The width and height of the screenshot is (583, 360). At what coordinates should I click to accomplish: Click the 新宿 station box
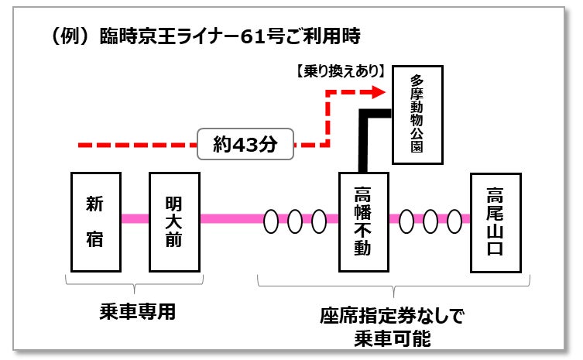95,222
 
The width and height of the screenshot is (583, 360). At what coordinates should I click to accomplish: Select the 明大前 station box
174,222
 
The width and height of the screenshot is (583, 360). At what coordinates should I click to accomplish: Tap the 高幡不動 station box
362,222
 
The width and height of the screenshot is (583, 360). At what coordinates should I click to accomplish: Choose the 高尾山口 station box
495,222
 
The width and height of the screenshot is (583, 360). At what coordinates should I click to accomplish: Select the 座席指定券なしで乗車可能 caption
392,327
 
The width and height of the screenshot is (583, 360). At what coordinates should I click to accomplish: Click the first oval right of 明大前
271,221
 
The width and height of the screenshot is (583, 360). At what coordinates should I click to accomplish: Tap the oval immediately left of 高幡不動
319,221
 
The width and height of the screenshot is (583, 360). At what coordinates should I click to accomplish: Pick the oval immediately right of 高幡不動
407,221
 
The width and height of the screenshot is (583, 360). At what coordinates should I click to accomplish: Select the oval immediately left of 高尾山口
454,221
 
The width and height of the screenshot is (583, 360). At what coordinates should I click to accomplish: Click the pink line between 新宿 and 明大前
135,218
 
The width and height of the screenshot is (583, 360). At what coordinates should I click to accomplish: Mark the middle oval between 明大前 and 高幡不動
295,221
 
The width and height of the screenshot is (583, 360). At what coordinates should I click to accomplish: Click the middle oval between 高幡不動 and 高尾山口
430,221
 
